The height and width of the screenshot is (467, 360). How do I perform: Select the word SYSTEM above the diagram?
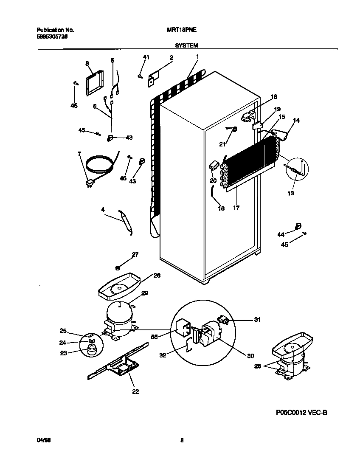[x=186, y=45]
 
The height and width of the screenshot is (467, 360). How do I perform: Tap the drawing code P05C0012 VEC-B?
[x=301, y=412]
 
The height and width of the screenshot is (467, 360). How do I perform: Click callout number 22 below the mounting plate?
[x=135, y=391]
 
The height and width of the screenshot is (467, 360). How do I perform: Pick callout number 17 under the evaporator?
[x=236, y=208]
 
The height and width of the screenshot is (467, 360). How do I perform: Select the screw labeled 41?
[x=139, y=76]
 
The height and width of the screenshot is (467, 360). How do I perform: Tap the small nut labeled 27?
[x=118, y=267]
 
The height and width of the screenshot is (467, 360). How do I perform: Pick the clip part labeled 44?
[x=298, y=226]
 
